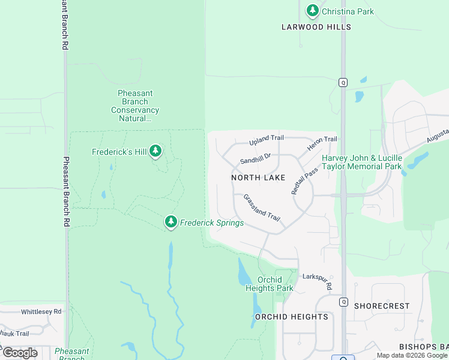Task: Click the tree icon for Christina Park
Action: (x=312, y=11)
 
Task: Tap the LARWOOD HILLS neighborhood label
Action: (x=316, y=27)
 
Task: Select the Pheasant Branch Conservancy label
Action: (x=135, y=106)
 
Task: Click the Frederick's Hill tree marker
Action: (x=156, y=151)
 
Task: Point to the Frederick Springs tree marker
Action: (x=171, y=223)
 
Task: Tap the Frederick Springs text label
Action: (x=212, y=223)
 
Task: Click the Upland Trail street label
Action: (x=267, y=139)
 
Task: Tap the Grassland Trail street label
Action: (x=262, y=207)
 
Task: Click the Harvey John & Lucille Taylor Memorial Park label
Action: (x=362, y=162)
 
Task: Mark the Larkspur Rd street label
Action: (x=316, y=280)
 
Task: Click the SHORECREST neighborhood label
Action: (x=382, y=306)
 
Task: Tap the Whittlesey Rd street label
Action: (x=41, y=312)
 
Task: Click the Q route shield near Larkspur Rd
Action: (x=343, y=302)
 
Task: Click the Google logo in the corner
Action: (x=20, y=353)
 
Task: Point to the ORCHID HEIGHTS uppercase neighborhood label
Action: (x=292, y=317)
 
